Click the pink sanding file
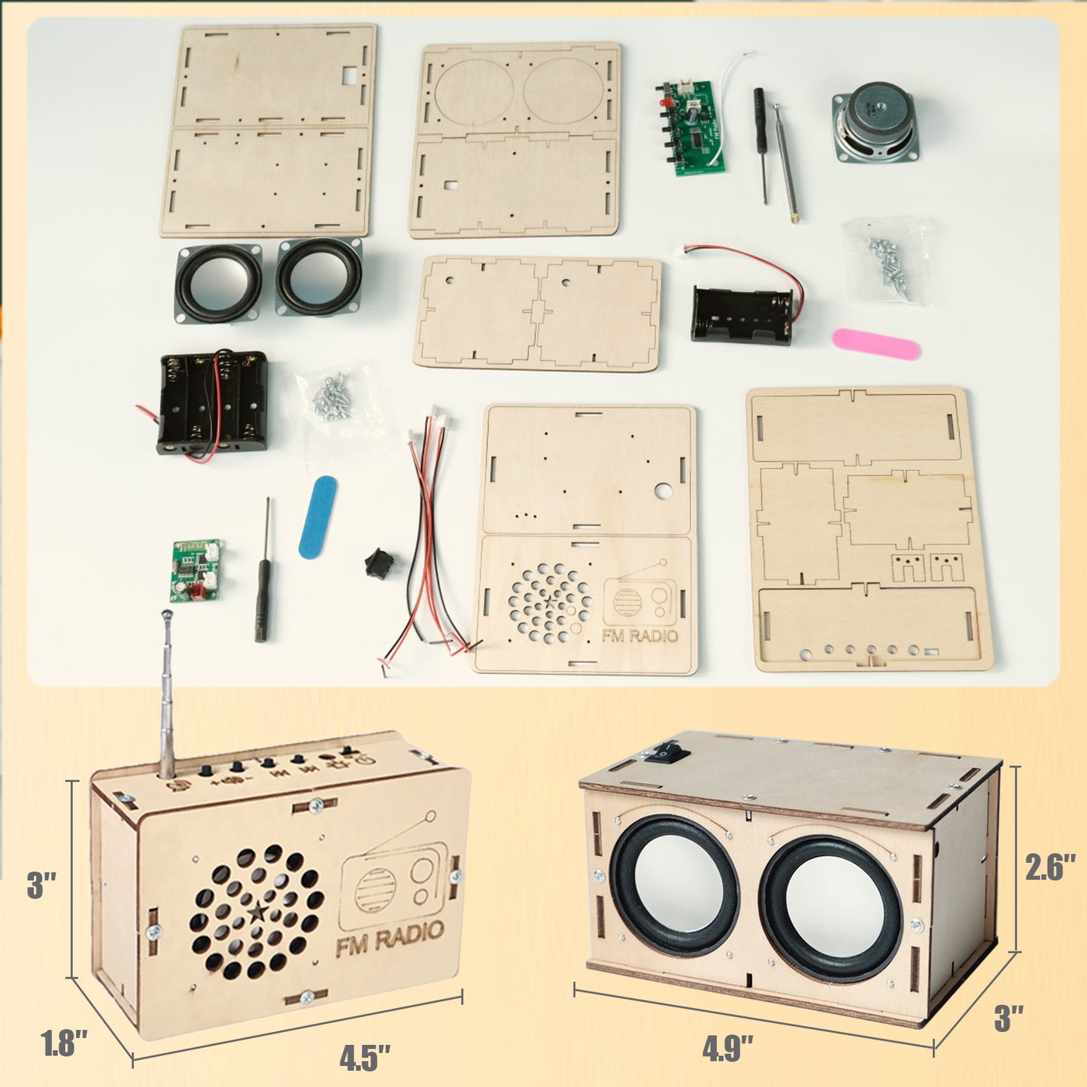coord(876,344)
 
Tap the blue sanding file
coord(317,518)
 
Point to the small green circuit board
coord(195,570)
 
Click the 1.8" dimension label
coord(64,1044)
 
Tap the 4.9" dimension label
coord(727,1049)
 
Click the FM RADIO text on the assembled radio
coord(390,937)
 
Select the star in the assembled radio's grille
coord(257,912)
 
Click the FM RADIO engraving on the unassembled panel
coord(639,636)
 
